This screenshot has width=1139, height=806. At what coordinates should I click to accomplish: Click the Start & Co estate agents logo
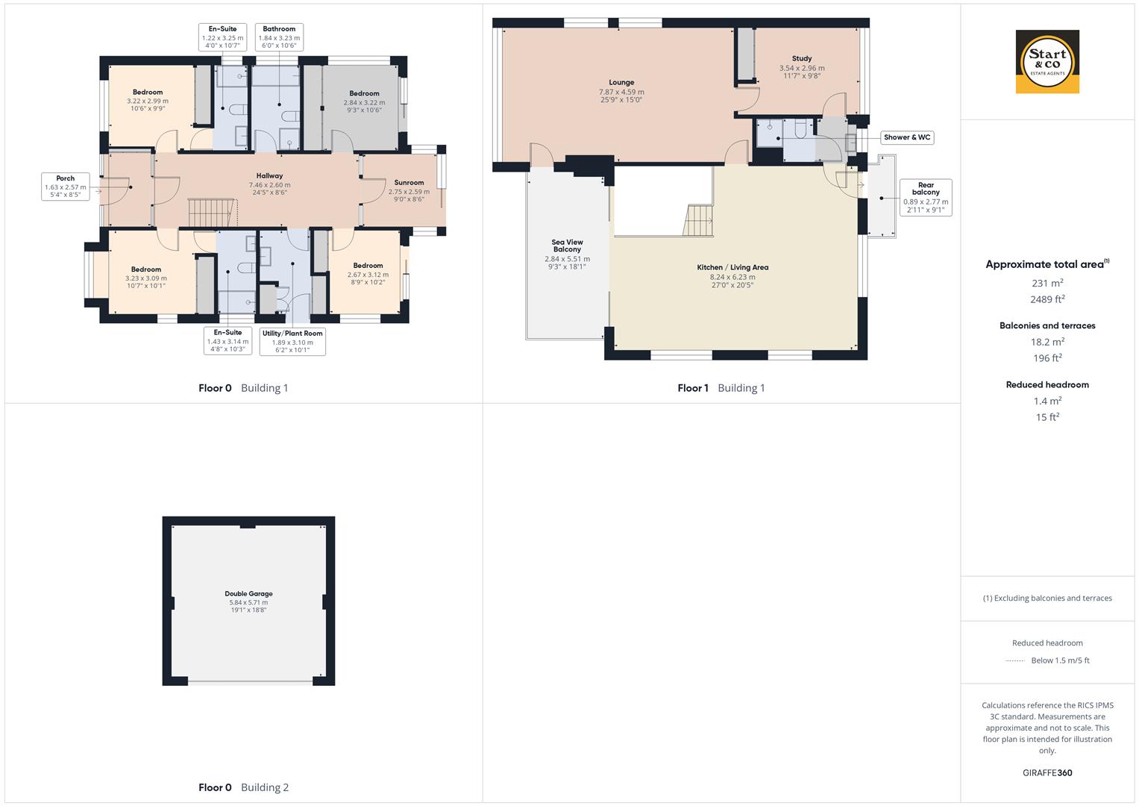click(x=1047, y=62)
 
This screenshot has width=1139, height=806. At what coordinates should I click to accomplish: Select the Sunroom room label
click(x=409, y=182)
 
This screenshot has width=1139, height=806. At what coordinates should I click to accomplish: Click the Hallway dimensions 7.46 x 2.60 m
click(x=269, y=184)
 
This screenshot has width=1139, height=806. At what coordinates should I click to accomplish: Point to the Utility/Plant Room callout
click(x=292, y=342)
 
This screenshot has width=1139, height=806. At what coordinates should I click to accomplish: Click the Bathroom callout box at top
click(x=279, y=37)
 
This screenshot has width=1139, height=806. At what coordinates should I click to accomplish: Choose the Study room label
click(x=802, y=58)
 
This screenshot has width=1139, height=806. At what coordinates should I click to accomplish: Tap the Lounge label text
click(x=621, y=83)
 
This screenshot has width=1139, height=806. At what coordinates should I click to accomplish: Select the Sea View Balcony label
click(x=567, y=246)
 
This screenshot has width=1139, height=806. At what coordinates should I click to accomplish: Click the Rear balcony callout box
click(x=926, y=198)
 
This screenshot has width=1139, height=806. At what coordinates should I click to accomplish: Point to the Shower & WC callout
click(x=907, y=137)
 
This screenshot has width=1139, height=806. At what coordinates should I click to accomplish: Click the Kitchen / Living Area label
click(x=732, y=267)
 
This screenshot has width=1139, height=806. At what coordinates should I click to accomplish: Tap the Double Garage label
click(x=248, y=594)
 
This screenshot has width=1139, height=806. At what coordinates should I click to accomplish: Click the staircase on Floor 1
click(x=699, y=221)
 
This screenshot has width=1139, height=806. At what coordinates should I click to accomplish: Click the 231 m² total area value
click(x=1047, y=284)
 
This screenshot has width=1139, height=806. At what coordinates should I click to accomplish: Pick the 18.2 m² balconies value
click(x=1047, y=342)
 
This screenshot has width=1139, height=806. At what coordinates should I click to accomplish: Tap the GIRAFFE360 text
click(x=1047, y=772)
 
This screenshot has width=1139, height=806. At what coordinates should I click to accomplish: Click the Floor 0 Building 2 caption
click(x=243, y=787)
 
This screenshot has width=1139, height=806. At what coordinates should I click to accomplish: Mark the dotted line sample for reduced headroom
click(x=1014, y=660)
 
